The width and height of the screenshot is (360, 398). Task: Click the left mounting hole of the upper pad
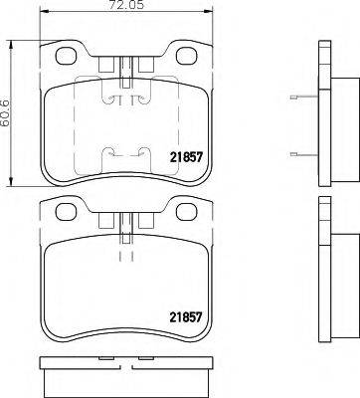(68, 58)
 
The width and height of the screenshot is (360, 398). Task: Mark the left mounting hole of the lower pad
(68, 210)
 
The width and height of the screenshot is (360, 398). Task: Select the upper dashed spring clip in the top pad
(123, 97)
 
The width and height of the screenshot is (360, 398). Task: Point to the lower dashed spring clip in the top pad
(123, 154)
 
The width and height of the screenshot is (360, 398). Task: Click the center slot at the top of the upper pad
(123, 67)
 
